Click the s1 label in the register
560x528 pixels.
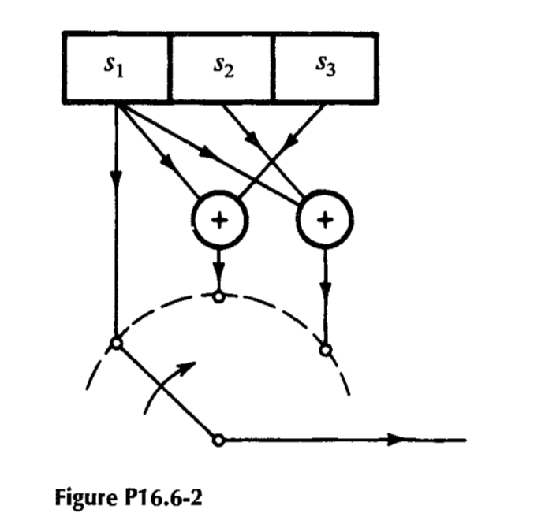(115, 68)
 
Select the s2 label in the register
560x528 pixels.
(222, 68)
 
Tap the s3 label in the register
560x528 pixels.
(324, 68)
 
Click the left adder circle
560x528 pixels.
(220, 218)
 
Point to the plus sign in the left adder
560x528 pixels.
(220, 218)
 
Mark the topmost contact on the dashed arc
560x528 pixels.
(219, 296)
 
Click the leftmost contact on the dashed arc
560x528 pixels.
(116, 344)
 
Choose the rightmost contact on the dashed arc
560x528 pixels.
(325, 348)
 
